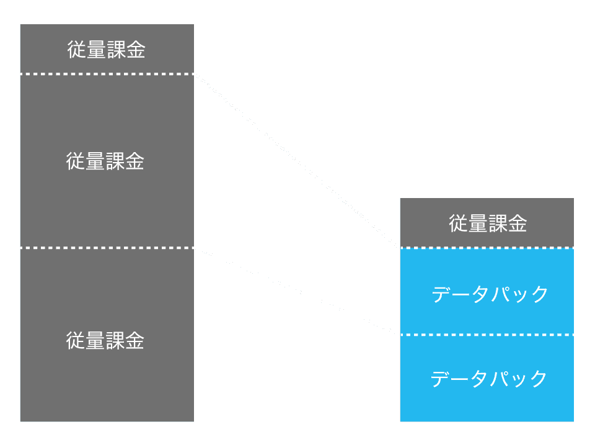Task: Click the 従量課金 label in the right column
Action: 487,223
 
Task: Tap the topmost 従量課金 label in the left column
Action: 106,50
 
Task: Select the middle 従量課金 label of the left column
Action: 105,161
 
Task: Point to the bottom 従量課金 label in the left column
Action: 105,341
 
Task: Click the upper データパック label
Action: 490,294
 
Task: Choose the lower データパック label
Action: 489,378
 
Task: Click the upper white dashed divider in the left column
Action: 107,74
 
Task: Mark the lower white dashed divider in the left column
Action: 107,248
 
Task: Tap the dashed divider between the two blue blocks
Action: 487,335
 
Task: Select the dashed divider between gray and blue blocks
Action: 487,248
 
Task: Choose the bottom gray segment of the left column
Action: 107,385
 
